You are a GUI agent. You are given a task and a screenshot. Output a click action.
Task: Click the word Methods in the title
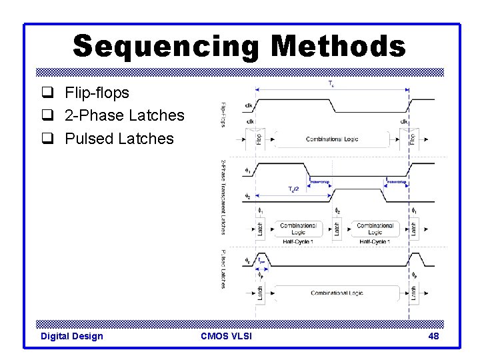338,46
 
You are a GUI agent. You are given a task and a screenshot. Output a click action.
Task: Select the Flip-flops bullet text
97,92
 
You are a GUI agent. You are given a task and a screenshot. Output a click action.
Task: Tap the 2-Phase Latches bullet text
124,115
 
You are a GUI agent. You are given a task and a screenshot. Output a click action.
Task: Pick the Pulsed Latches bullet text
119,139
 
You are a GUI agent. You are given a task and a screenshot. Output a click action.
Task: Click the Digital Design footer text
72,336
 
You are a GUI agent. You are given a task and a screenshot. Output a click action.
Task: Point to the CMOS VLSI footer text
226,336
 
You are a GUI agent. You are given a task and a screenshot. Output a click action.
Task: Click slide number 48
433,336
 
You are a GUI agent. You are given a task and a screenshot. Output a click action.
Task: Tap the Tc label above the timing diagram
331,84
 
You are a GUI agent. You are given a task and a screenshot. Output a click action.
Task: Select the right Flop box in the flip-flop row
413,139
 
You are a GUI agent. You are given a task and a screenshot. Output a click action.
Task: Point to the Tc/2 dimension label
293,189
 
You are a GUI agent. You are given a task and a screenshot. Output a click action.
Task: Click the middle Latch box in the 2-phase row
337,229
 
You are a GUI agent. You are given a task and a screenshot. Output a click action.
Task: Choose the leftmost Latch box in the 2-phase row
260,229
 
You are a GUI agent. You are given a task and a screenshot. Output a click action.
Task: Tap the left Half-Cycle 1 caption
298,241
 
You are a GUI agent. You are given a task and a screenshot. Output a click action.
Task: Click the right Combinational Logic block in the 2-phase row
375,229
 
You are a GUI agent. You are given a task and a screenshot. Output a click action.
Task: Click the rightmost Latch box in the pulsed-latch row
414,293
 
